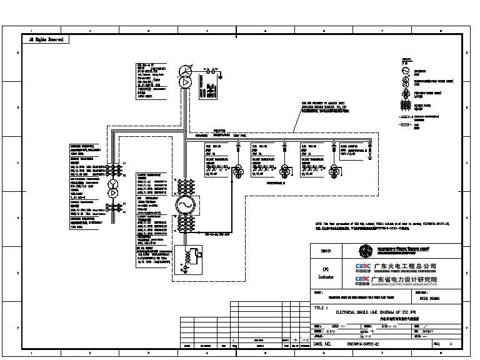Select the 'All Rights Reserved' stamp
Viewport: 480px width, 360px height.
tap(44, 39)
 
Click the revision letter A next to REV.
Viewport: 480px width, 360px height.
tap(451, 343)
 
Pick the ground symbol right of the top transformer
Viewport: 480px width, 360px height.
tap(219, 78)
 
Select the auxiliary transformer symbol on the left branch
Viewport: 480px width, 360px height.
tap(113, 185)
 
